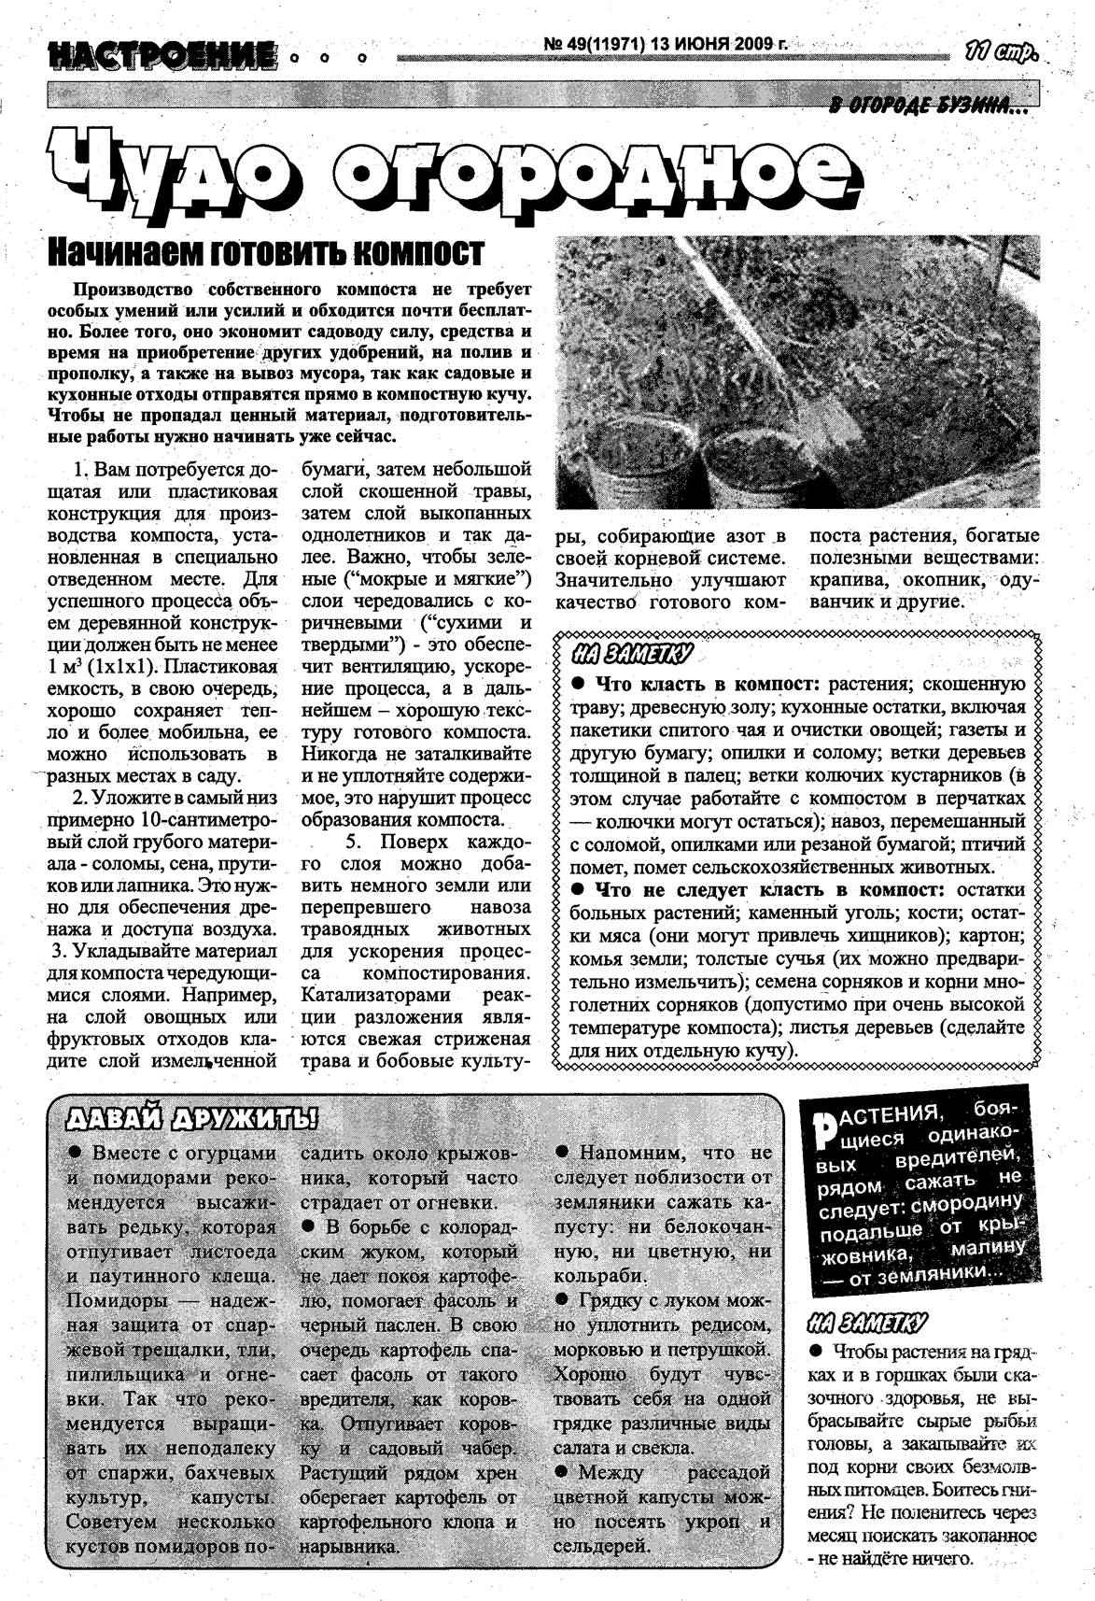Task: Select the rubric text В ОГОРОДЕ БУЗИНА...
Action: [928, 109]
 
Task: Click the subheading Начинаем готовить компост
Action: [265, 251]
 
